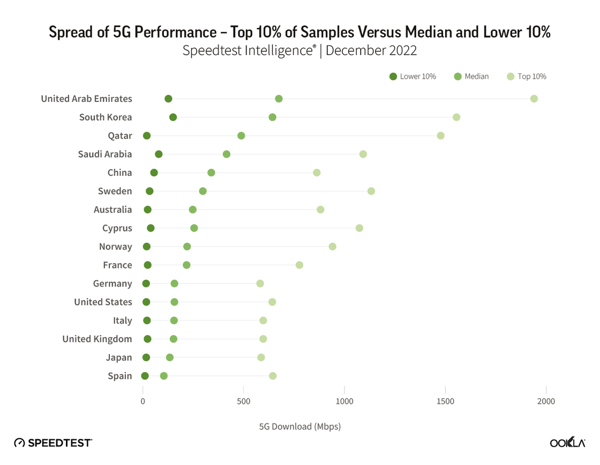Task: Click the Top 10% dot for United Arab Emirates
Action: click(x=534, y=99)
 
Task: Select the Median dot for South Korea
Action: click(x=272, y=117)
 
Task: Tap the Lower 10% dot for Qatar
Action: click(x=147, y=136)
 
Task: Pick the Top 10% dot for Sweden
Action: click(x=371, y=191)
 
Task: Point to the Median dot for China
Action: click(x=211, y=172)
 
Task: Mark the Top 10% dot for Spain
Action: click(x=273, y=376)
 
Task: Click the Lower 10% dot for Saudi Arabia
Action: click(x=159, y=154)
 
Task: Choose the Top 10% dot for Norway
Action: click(x=332, y=246)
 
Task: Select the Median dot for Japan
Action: click(x=170, y=357)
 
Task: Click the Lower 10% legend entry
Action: click(x=413, y=77)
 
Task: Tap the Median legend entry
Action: click(x=471, y=77)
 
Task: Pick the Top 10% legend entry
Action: click(x=527, y=77)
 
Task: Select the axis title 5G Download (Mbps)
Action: click(x=300, y=426)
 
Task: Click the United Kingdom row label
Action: click(x=97, y=339)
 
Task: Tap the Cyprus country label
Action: click(x=117, y=228)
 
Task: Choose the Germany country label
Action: click(x=112, y=283)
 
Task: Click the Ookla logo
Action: click(x=567, y=442)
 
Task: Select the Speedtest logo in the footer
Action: click(x=53, y=442)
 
